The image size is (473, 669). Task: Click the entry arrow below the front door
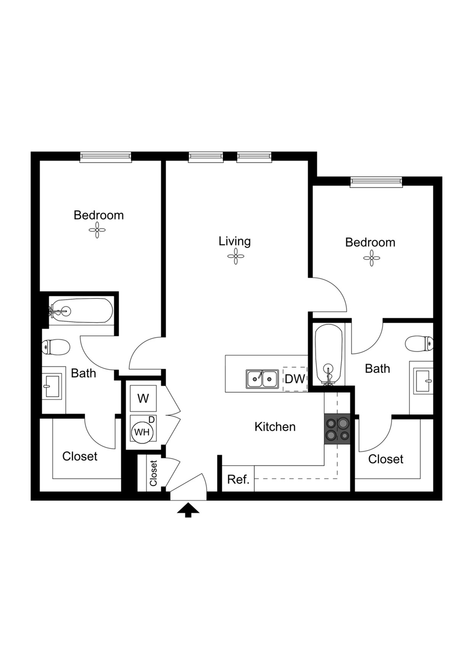pyautogui.click(x=188, y=510)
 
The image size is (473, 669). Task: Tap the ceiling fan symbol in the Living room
pyautogui.click(x=236, y=256)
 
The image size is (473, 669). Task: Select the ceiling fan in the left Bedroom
pyautogui.click(x=97, y=230)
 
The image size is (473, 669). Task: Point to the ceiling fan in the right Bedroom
pyautogui.click(x=372, y=258)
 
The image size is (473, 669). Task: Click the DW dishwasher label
pyautogui.click(x=295, y=379)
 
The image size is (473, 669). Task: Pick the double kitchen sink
pyautogui.click(x=262, y=379)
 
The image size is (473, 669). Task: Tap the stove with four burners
pyautogui.click(x=337, y=429)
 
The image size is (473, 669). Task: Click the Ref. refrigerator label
pyautogui.click(x=238, y=479)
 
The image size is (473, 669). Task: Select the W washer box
pyautogui.click(x=143, y=399)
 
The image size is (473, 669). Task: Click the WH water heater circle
pyautogui.click(x=142, y=432)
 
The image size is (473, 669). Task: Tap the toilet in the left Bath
pyautogui.click(x=56, y=347)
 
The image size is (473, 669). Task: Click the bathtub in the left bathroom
pyautogui.click(x=81, y=311)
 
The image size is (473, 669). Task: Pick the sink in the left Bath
pyautogui.click(x=51, y=386)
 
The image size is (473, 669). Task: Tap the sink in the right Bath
pyautogui.click(x=423, y=381)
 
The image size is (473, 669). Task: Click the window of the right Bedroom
pyautogui.click(x=376, y=182)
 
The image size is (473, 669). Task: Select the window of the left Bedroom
pyautogui.click(x=106, y=157)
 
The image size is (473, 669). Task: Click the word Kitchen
pyautogui.click(x=275, y=426)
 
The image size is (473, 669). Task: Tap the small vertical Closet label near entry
pyautogui.click(x=153, y=473)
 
